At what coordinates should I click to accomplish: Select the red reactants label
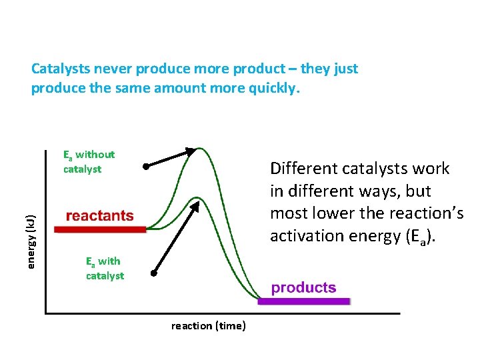[99, 216]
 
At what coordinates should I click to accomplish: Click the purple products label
[303, 288]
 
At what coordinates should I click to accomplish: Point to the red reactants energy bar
[99, 229]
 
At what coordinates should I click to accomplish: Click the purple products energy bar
[304, 301]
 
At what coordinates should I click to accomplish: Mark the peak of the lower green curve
[198, 198]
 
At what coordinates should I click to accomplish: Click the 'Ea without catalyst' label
[89, 162]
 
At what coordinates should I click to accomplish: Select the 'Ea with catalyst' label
[104, 269]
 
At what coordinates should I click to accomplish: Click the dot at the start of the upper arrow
[145, 166]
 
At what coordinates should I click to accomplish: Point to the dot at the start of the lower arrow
[153, 273]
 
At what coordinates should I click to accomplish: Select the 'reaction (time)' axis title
[209, 326]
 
